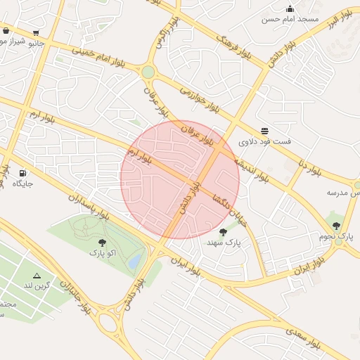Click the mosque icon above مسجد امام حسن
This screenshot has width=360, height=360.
tap(290, 8)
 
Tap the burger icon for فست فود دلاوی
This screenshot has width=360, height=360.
tap(264, 130)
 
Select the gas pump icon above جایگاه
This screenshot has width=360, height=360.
tap(22, 172)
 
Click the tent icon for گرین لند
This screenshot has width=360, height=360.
tap(37, 275)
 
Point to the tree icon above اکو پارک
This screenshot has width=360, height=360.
tap(103, 243)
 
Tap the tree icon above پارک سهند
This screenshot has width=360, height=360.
tap(224, 231)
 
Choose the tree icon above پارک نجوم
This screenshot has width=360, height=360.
tap(336, 226)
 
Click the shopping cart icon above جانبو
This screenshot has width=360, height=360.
tap(35, 32)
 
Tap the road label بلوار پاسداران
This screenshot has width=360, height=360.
tap(89, 209)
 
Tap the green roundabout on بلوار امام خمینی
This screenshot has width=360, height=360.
tap(148, 72)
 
